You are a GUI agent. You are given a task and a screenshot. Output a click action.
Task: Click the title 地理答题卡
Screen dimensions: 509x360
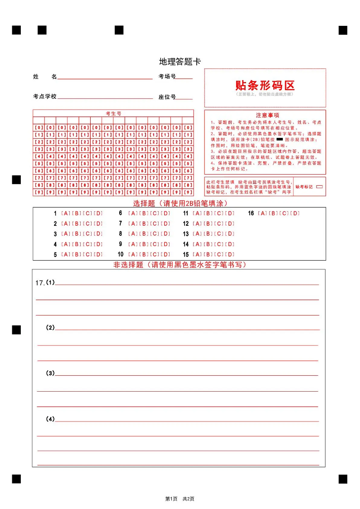pos(180,62)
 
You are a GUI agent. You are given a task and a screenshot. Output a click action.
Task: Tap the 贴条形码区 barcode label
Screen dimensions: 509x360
pos(265,85)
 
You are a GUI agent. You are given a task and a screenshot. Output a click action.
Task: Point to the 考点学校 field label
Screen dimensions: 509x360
pos(45,97)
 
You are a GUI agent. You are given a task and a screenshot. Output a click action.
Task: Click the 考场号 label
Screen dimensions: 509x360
pos(167,77)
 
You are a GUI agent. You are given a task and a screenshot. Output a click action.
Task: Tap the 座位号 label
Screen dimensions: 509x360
pos(167,97)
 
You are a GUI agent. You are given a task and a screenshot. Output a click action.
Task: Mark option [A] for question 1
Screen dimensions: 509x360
pos(65,213)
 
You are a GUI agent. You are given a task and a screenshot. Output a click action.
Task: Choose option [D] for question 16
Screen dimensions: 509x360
pos(296,213)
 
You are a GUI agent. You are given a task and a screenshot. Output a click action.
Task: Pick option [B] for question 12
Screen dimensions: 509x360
pos(209,223)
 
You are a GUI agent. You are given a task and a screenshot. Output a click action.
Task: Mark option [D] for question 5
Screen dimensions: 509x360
pos(98,255)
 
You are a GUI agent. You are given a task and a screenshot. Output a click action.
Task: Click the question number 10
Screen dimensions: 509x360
pos(121,255)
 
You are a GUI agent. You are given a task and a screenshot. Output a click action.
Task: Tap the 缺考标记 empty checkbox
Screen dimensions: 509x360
pos(319,186)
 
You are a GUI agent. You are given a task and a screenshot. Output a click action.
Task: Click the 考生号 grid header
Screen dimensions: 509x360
pos(113,113)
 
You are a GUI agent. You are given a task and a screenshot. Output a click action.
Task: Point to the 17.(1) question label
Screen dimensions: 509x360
pos(45,283)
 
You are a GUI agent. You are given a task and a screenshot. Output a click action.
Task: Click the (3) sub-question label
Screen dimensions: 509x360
pos(50,373)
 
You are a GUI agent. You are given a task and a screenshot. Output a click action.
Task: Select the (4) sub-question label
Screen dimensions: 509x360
pos(50,419)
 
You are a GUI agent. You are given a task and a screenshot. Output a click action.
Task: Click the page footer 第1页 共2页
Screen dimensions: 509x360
pos(180,499)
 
